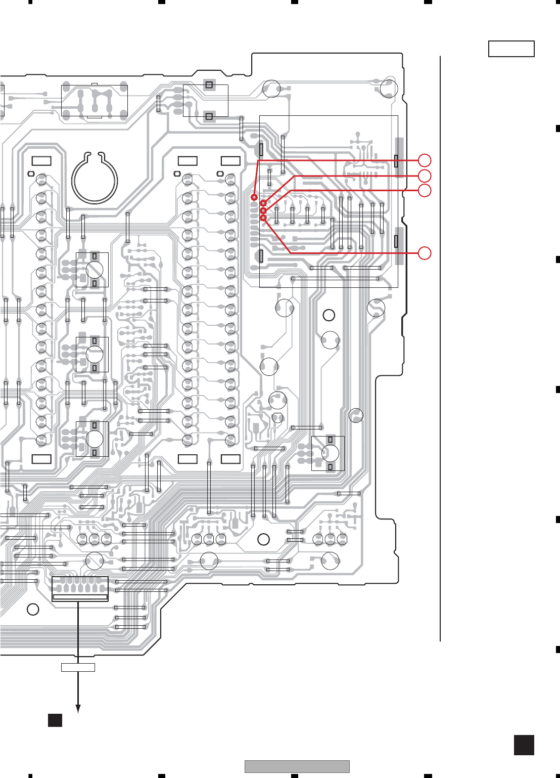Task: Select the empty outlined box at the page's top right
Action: [511, 49]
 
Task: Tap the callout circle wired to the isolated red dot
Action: [425, 160]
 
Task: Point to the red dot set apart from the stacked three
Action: [254, 197]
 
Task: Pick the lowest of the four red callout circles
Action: [425, 253]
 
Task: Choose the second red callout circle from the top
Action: [425, 176]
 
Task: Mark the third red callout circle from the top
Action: [425, 190]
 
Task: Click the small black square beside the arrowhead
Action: [55, 720]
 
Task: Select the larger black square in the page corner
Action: [524, 745]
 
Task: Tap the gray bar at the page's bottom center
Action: [297, 766]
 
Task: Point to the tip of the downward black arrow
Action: [78, 711]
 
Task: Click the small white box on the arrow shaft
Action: [78, 667]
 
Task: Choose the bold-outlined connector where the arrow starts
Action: [80, 589]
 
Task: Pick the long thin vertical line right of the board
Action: [440, 349]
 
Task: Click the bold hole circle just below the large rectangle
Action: [329, 315]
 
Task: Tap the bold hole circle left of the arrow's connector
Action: [33, 609]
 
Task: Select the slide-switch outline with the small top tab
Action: [95, 101]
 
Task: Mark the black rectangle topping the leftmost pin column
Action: [41, 161]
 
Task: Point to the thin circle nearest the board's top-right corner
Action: [389, 89]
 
